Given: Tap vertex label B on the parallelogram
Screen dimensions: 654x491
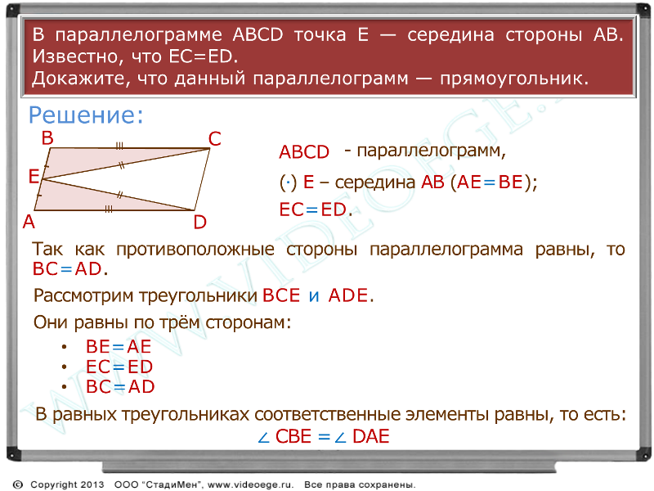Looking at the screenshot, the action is point(47,137).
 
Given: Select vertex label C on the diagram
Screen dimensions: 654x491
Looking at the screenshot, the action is point(214,139).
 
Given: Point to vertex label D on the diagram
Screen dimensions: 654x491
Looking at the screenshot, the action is point(200,222).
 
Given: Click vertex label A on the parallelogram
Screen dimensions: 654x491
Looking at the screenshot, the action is point(29,222).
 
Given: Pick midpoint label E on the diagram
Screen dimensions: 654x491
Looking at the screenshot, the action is point(34,177).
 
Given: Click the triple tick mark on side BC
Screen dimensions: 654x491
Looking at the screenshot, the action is point(119,146).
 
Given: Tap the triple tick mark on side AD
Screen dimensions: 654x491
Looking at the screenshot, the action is point(109,209).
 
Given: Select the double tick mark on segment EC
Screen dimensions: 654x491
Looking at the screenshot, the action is point(121,165).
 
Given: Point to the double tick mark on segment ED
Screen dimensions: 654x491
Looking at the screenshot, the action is point(120,195).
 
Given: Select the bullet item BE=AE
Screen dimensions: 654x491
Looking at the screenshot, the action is point(119,346).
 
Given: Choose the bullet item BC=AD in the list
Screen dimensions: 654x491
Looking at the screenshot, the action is point(120,386).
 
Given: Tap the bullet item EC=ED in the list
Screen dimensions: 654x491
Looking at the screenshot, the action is point(119,367).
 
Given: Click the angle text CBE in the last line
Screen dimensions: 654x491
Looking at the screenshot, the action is point(293,436).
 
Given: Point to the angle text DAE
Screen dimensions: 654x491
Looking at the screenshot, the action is point(371,436).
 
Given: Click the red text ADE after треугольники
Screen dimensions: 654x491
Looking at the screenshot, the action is point(348,295).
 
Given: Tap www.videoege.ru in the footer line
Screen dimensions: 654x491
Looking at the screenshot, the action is point(250,484).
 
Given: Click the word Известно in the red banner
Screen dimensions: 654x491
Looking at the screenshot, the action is point(77,56).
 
